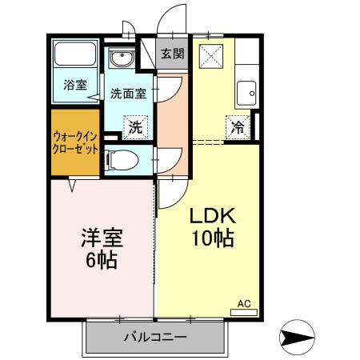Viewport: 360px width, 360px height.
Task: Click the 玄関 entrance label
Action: coord(172,54)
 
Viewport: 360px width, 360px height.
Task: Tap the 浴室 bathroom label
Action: coord(74,85)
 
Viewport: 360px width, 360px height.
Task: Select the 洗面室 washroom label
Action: coord(128,93)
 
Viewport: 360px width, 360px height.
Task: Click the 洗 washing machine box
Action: coord(136,126)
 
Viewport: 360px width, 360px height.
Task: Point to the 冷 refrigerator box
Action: coord(238,126)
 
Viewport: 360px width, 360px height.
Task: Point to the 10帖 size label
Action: coord(211,238)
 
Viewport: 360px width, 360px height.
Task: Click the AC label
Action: coord(244,304)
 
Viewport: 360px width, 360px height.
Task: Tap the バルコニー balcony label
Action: coord(155,338)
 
